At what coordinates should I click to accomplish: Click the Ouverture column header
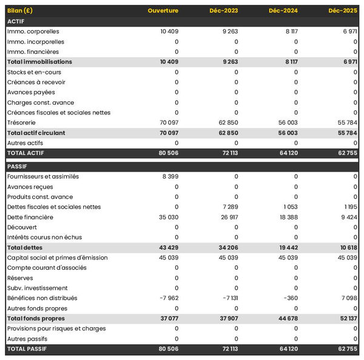click(163, 11)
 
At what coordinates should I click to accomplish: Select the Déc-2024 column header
click(283, 11)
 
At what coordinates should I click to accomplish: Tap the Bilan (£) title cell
click(20, 11)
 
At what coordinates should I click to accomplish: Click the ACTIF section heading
click(16, 21)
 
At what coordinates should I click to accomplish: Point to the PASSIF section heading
click(18, 166)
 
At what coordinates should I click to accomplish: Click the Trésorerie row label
click(22, 122)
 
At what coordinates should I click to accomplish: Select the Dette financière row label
click(30, 217)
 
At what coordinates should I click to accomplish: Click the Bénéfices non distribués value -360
click(290, 298)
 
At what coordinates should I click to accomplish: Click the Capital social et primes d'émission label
click(58, 258)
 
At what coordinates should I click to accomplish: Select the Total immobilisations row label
click(39, 62)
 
